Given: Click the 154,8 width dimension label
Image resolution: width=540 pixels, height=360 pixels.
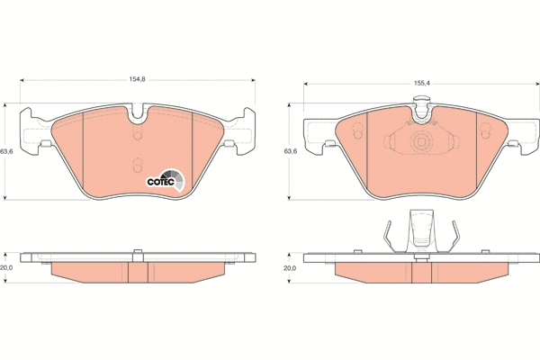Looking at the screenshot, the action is pyautogui.click(x=137, y=79).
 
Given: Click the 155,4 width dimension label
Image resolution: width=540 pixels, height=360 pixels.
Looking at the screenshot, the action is pyautogui.click(x=421, y=84).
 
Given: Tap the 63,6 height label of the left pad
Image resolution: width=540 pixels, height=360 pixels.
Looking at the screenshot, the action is pyautogui.click(x=6, y=151).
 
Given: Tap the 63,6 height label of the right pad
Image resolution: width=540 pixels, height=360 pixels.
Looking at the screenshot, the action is pyautogui.click(x=291, y=151).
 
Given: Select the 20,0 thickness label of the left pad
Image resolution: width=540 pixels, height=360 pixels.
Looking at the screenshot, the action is pyautogui.click(x=6, y=267).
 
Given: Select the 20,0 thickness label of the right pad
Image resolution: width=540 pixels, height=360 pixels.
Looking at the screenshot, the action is pyautogui.click(x=290, y=268).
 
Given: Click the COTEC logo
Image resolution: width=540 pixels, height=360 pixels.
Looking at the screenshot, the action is pyautogui.click(x=166, y=180).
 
